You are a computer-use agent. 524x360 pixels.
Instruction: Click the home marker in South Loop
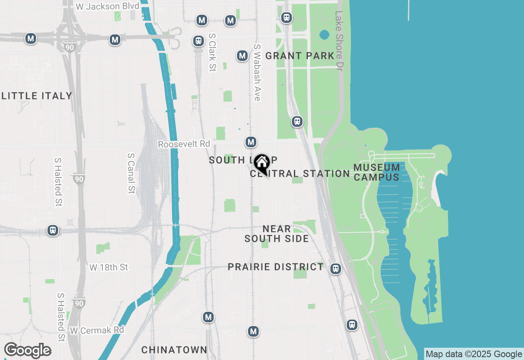[262, 163]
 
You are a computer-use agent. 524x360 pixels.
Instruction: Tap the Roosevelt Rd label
[184, 144]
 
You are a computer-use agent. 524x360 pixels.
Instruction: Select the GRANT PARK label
[300, 56]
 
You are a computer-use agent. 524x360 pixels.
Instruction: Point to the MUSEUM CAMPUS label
[377, 172]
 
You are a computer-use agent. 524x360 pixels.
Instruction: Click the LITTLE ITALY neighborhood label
[37, 96]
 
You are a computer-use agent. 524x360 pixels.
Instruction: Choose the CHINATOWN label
[174, 350]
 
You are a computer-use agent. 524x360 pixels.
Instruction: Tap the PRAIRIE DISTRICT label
[276, 267]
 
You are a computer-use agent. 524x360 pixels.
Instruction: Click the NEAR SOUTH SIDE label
[277, 234]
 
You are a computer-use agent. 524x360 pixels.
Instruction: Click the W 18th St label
[108, 267]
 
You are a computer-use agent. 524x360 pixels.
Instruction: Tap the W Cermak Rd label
[97, 330]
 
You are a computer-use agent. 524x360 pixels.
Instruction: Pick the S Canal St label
[131, 173]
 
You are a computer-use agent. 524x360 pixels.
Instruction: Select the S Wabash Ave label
[257, 72]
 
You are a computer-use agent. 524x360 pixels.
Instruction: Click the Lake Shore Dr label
[339, 39]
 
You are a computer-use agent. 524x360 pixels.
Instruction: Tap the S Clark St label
[212, 52]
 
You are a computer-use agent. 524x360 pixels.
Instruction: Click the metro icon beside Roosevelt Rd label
[251, 142]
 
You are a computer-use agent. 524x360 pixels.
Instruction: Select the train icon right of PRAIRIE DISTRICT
[336, 268]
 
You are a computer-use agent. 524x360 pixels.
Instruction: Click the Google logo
[27, 351]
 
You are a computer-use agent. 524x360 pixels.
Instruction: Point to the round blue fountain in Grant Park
[324, 35]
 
